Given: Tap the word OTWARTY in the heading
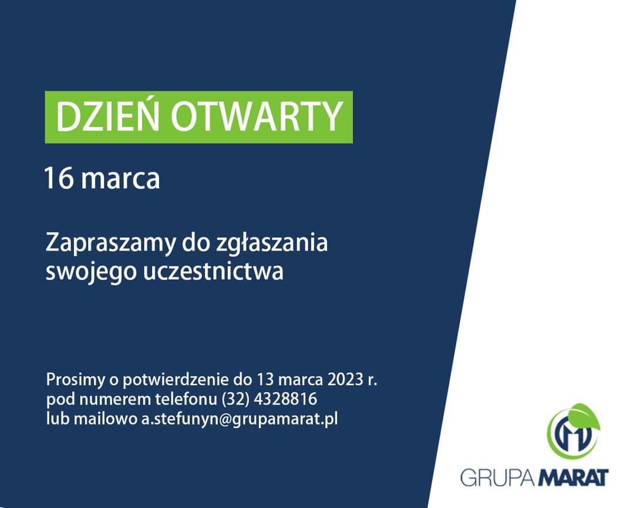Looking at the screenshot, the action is (x=257, y=117).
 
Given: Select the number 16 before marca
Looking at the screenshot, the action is (x=59, y=178).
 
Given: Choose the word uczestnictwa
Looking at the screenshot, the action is (x=214, y=270).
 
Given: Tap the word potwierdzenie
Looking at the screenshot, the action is (x=176, y=380).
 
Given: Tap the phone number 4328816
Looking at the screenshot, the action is (x=285, y=399).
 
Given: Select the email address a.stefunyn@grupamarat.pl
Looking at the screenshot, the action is (x=240, y=419).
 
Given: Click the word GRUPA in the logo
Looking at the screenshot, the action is (x=498, y=477).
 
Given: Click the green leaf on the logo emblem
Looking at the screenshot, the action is (x=584, y=415).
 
